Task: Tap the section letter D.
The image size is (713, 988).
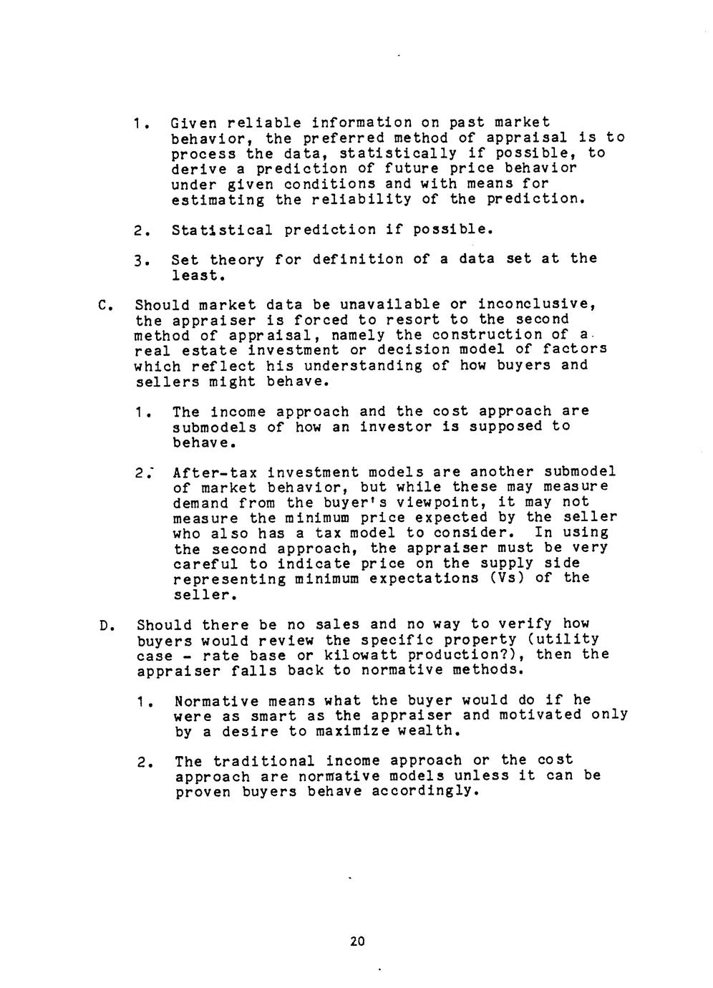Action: (105, 626)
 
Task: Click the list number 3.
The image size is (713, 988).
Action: (140, 260)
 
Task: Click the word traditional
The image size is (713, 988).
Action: (264, 761)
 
